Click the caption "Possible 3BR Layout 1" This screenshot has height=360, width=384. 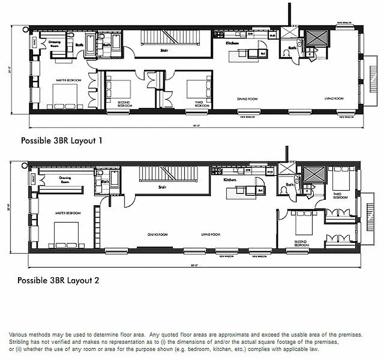[x=62, y=140]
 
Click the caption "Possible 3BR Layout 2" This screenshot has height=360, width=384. [x=58, y=280]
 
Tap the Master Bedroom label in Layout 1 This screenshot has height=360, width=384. [x=68, y=80]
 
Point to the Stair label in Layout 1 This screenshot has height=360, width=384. [x=164, y=50]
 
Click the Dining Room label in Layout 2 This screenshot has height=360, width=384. [x=154, y=234]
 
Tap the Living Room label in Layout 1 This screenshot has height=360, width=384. [x=334, y=98]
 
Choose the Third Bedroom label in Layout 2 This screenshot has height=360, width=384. [x=340, y=196]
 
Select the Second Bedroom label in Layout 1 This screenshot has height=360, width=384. [x=124, y=104]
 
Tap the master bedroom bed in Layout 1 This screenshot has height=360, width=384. [x=60, y=97]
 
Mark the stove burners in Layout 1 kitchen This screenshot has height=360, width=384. [x=218, y=34]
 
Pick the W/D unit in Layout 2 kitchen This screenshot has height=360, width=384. [x=270, y=171]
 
